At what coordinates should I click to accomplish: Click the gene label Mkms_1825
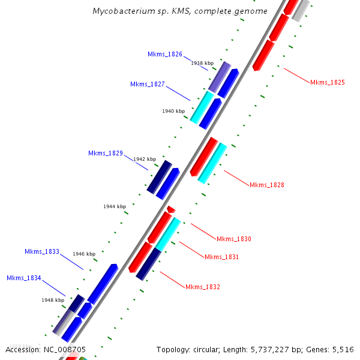(x=328, y=82)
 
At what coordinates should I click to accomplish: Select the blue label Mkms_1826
(x=165, y=54)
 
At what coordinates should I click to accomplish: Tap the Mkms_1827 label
(x=148, y=84)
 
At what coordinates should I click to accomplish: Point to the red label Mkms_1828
(x=267, y=185)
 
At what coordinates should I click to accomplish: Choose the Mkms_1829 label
(x=106, y=153)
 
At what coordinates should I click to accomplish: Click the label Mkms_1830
(x=234, y=239)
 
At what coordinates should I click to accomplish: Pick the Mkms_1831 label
(x=222, y=257)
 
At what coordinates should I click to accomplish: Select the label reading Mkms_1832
(x=203, y=287)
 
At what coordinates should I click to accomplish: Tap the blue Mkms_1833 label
(x=42, y=251)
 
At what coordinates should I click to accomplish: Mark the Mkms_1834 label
(x=24, y=278)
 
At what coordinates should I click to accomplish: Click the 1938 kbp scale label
(x=202, y=63)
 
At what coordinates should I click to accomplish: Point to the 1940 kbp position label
(x=173, y=111)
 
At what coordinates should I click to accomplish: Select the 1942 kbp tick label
(x=145, y=159)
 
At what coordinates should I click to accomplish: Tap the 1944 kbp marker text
(x=115, y=206)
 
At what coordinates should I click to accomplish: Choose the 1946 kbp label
(x=84, y=254)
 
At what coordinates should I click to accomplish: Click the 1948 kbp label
(x=53, y=300)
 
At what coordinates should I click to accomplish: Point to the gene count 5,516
(x=343, y=349)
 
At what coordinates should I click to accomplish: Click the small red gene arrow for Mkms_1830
(x=171, y=209)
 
